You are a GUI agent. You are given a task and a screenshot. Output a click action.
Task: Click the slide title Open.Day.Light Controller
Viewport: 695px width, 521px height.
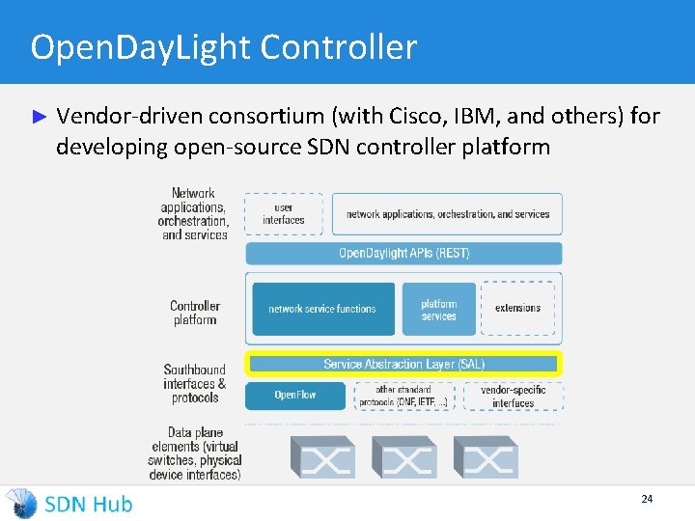pos(223,47)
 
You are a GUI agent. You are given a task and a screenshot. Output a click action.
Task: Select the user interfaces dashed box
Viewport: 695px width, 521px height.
pos(284,214)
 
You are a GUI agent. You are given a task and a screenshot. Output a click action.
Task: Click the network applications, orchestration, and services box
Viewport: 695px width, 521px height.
pos(447,214)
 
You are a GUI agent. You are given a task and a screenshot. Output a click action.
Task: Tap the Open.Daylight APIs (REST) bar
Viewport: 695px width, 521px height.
pos(403,254)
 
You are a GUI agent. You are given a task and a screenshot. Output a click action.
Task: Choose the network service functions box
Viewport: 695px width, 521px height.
pos(322,309)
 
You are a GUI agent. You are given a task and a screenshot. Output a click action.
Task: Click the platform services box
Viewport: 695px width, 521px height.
pos(438,309)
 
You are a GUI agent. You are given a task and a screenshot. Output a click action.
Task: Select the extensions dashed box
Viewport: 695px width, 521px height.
pos(518,309)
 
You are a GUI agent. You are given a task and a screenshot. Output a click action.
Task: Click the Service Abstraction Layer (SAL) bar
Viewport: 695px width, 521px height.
pos(403,364)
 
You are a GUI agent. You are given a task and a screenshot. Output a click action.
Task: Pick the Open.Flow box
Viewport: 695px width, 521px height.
pos(295,396)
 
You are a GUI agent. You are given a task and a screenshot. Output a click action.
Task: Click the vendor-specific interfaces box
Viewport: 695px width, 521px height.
pos(513,397)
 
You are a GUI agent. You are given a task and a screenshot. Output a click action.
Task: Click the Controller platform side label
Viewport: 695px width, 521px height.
pos(195,313)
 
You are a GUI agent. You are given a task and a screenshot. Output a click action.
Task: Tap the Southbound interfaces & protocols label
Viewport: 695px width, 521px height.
pos(194,383)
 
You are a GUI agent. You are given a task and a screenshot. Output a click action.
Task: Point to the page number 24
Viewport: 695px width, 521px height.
pos(647,499)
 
